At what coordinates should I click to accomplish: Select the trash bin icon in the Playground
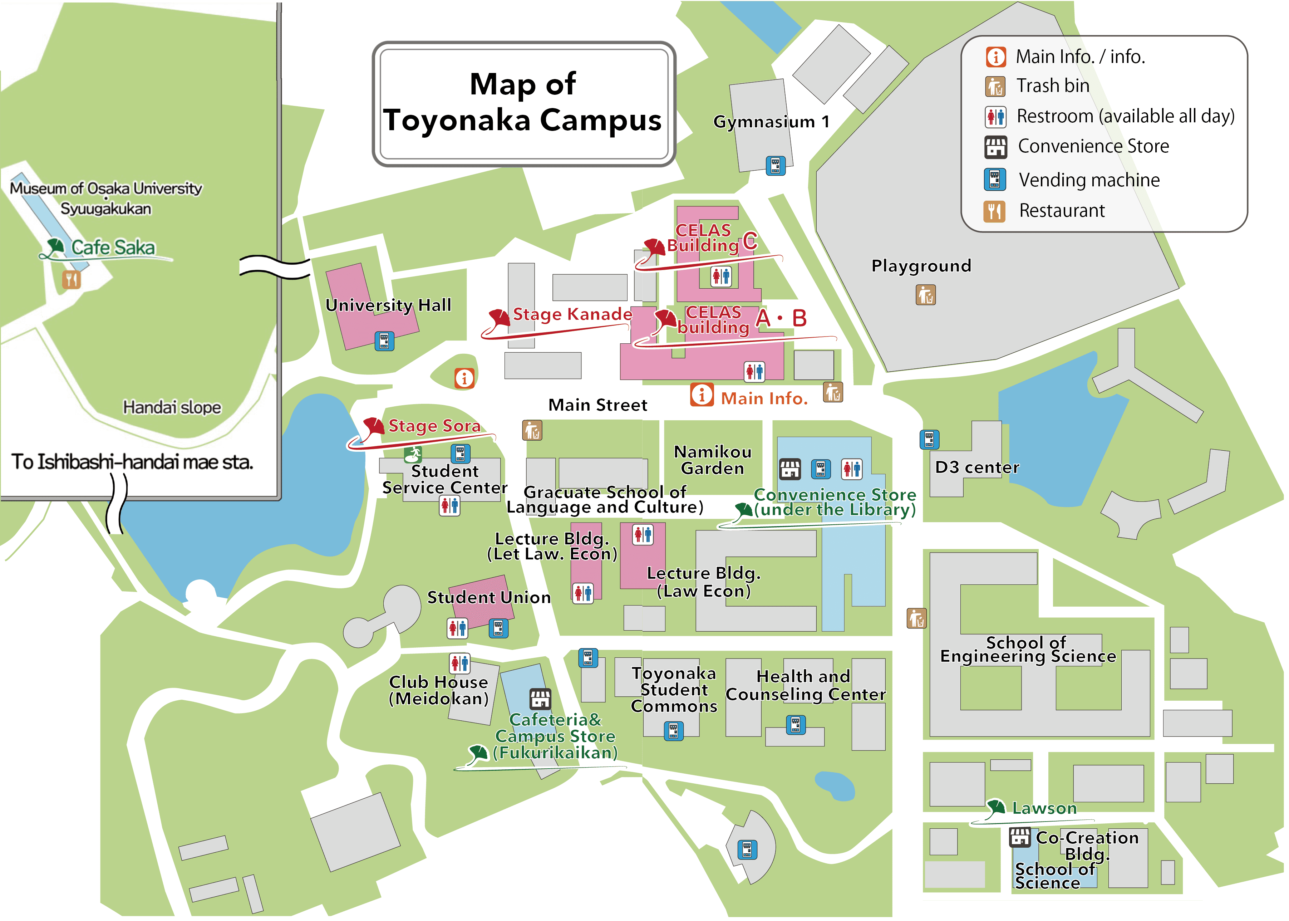pyautogui.click(x=925, y=295)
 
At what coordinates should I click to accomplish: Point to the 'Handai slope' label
pyautogui.click(x=172, y=407)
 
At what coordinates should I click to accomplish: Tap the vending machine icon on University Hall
pyautogui.click(x=384, y=341)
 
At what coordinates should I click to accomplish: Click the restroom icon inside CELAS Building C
pyautogui.click(x=721, y=276)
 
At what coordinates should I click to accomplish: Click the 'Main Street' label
pyautogui.click(x=597, y=405)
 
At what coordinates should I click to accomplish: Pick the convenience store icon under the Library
pyautogui.click(x=789, y=469)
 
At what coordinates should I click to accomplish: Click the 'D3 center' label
pyautogui.click(x=976, y=467)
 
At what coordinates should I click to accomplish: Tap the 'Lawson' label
pyautogui.click(x=1044, y=808)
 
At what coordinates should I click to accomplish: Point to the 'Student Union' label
pyautogui.click(x=489, y=597)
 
